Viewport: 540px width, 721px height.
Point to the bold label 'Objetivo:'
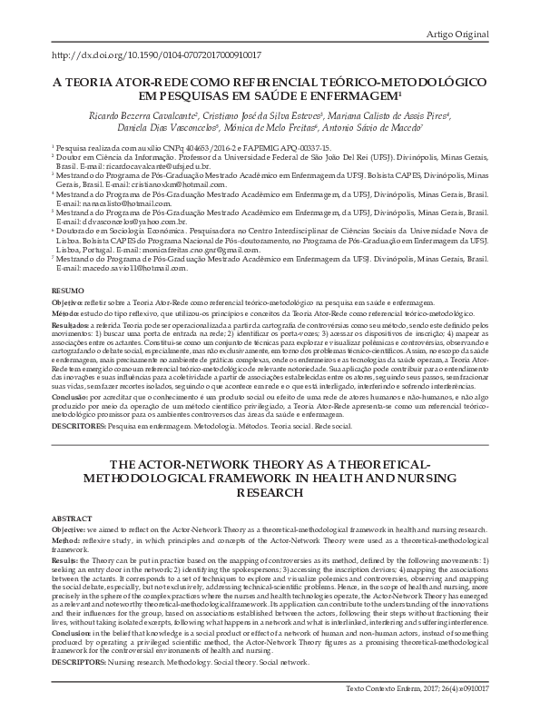click(66, 300)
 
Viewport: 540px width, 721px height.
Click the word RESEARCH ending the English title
click(270, 492)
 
